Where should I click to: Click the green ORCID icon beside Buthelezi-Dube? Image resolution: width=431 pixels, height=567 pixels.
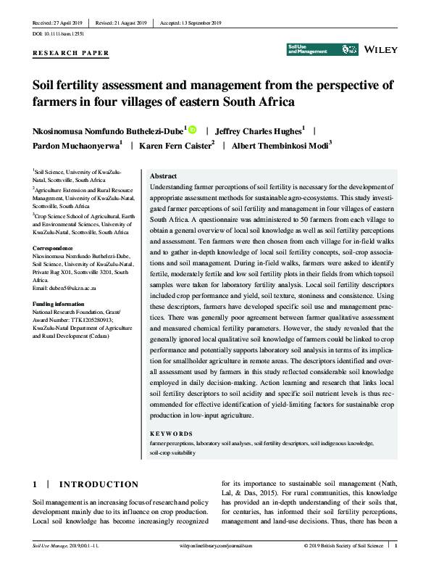tap(192, 131)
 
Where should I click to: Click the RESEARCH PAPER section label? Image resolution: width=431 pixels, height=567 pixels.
tap(71, 53)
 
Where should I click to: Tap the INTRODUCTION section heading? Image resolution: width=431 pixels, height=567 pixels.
tap(98, 484)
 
